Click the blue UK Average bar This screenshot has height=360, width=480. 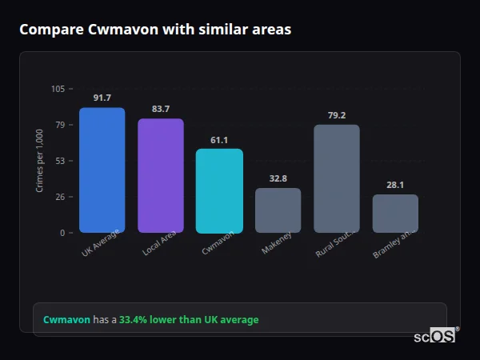[102, 170]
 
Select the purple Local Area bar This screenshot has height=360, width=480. [161, 176]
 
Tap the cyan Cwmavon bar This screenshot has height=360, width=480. [219, 191]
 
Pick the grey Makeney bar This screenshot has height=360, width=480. [278, 210]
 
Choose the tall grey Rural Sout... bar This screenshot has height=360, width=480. [337, 178]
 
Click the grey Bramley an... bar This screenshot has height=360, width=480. [395, 214]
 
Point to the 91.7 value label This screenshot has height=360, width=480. [102, 98]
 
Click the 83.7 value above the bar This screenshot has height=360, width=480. [161, 109]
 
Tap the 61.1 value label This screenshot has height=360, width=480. [219, 140]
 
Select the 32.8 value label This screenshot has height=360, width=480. [278, 178]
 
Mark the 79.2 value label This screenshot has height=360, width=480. [337, 115]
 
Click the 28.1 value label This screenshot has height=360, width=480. [395, 185]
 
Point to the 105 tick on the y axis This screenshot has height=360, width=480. [58, 89]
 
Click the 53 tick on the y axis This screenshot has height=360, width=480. [59, 161]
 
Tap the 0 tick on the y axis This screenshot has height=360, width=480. [62, 233]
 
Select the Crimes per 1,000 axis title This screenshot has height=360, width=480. [40, 161]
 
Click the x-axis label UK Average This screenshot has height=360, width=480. [100, 243]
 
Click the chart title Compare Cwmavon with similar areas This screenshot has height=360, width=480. [155, 30]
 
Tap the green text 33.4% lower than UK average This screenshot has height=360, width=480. [189, 320]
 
